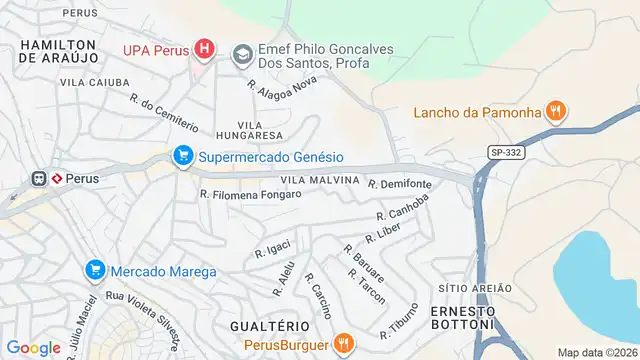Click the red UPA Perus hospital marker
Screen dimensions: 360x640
click(x=204, y=48)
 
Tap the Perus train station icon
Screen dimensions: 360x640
click(x=41, y=178)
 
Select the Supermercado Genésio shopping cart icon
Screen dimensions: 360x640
click(x=182, y=156)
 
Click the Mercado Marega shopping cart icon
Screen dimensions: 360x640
click(x=94, y=270)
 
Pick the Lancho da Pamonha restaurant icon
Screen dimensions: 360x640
click(x=557, y=111)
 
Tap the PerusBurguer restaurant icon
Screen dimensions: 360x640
click(x=343, y=343)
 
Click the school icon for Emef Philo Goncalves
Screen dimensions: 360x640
click(x=241, y=53)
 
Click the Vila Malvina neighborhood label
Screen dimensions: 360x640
click(x=319, y=180)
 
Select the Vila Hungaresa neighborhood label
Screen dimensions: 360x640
click(x=247, y=134)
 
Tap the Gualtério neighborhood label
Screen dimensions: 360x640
click(x=269, y=326)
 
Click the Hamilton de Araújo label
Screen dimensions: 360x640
click(x=58, y=52)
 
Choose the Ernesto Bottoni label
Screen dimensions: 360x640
click(x=462, y=315)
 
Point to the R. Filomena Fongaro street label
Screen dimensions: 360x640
click(x=250, y=194)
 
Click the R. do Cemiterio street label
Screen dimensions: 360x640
click(x=164, y=112)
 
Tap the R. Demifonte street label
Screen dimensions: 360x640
click(x=400, y=185)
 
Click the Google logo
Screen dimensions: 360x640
click(x=33, y=347)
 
